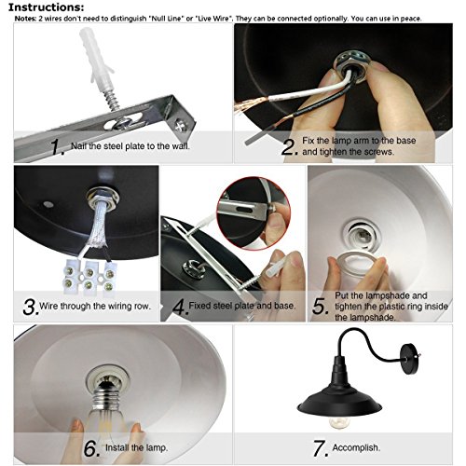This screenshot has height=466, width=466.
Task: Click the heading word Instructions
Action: [x=46, y=7]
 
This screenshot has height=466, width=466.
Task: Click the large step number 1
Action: [x=57, y=146]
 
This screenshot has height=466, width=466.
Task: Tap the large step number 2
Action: [x=289, y=146]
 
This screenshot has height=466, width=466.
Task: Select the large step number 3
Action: [x=31, y=307]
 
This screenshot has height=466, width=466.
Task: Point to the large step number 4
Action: [x=180, y=307]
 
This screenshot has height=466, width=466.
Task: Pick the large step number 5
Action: [x=320, y=307]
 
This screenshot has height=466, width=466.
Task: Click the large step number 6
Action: [x=91, y=448]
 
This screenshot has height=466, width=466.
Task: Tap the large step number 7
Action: [x=321, y=448]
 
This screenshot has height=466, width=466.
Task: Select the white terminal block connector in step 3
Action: [x=89, y=277]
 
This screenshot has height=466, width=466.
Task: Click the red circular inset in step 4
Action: [x=254, y=213]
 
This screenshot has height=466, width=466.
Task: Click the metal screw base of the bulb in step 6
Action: [x=108, y=398]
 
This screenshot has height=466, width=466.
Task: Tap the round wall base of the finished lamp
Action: [x=410, y=359]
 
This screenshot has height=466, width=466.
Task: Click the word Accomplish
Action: [x=356, y=447]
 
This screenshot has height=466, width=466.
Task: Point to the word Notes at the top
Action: [x=25, y=19]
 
